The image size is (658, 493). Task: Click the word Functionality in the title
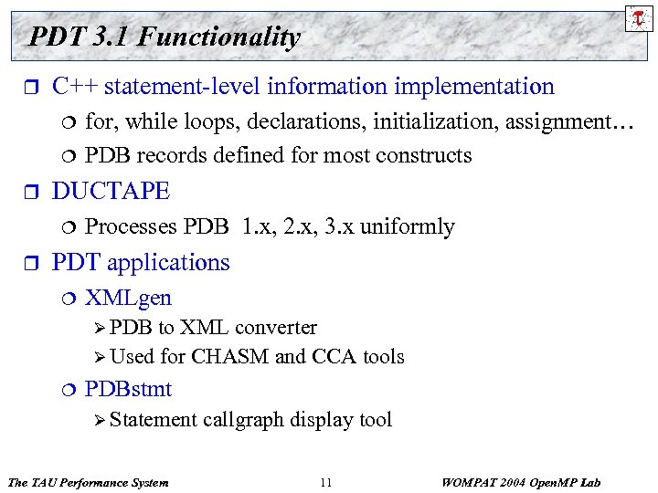tap(220, 37)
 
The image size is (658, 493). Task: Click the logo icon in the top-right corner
tap(636, 17)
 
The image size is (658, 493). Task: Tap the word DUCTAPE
tap(111, 191)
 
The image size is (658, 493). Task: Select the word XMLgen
tap(128, 298)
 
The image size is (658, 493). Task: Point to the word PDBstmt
tap(128, 389)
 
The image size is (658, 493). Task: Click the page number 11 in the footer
tap(326, 482)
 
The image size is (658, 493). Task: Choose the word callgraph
tap(243, 420)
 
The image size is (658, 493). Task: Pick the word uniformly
tap(408, 226)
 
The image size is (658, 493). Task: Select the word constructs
tap(428, 155)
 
